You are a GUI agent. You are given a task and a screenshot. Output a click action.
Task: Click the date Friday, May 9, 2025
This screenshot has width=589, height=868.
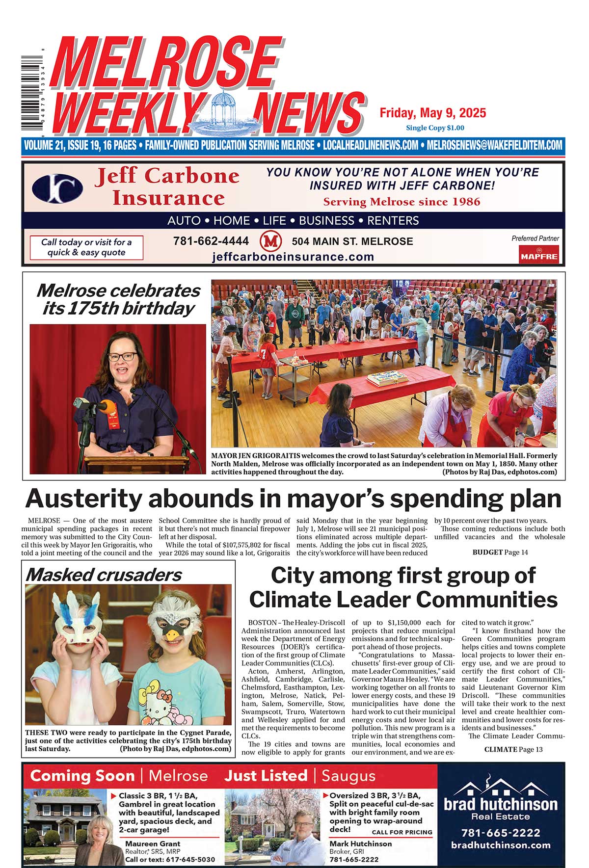432,113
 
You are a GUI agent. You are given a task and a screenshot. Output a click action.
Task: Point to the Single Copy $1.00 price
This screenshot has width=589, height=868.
434,128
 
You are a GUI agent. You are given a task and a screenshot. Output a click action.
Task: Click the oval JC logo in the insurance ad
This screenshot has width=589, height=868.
57,188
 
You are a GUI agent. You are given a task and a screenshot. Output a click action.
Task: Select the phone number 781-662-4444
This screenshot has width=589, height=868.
211,241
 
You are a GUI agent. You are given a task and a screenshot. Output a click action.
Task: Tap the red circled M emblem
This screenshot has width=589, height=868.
270,241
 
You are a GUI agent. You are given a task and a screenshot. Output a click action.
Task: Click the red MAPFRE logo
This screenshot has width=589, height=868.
539,255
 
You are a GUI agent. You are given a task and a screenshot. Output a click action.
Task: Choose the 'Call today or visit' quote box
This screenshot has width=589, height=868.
86,247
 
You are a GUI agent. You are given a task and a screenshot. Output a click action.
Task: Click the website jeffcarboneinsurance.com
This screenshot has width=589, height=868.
293,257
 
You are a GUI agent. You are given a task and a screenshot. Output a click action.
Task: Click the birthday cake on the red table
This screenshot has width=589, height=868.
388,378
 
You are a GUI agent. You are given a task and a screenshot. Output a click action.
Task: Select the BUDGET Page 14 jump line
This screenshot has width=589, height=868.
500,552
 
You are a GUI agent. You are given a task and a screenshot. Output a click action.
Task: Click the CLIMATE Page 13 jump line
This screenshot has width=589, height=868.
513,749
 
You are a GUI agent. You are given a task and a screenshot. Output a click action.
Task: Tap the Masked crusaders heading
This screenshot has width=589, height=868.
104,575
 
